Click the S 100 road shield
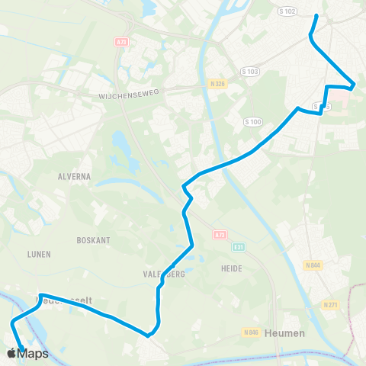coord(252,122)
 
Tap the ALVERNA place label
coord(74,175)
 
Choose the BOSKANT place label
coord(93,239)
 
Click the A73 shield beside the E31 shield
coord(220,235)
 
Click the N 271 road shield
coord(330,306)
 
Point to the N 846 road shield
coord(252,332)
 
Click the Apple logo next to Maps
coord(11,353)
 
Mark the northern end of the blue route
coord(316,14)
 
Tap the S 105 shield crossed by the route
coord(321,108)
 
